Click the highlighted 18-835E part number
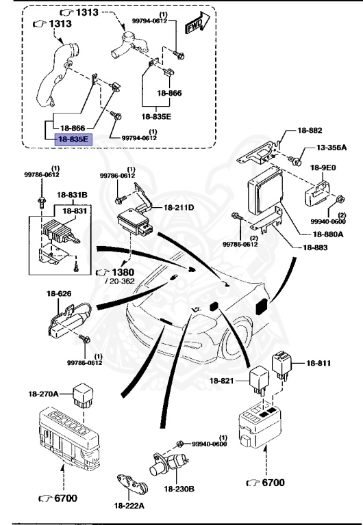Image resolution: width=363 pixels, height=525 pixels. coord(73,139)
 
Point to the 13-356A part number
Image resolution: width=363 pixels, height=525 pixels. coord(331,148)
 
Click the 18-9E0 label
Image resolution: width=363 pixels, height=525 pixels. coord(328,166)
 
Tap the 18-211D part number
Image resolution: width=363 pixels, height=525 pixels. coord(178,206)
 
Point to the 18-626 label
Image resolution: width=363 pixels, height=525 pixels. coord(60,294)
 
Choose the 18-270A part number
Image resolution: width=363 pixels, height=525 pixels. coord(43,394)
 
